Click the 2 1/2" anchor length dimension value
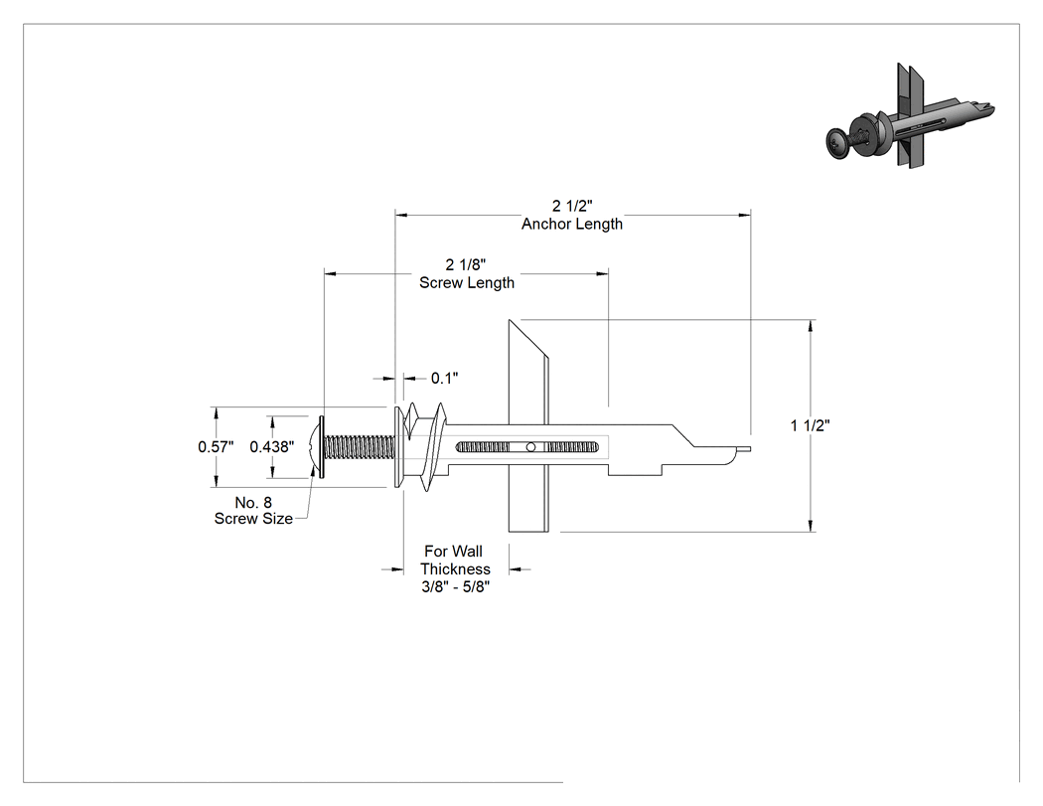(x=572, y=206)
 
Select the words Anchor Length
(x=572, y=224)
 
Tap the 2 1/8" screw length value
(x=466, y=265)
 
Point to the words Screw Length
(x=467, y=282)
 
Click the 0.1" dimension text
(x=444, y=378)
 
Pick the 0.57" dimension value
(x=216, y=446)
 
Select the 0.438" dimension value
(x=272, y=446)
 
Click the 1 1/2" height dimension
(x=811, y=425)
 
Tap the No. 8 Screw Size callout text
(x=253, y=511)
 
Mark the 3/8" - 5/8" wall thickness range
(x=456, y=587)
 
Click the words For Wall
(x=454, y=552)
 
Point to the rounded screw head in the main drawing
(x=316, y=447)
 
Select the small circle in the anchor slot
(x=530, y=447)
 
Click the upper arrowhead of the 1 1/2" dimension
(x=811, y=325)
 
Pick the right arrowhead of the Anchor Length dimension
(x=744, y=215)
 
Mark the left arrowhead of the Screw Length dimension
(x=331, y=273)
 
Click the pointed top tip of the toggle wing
(x=510, y=320)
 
